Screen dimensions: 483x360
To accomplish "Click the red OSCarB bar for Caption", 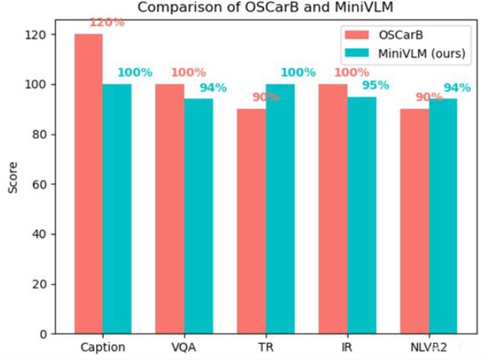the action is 88,184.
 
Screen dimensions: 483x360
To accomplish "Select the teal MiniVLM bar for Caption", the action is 117,208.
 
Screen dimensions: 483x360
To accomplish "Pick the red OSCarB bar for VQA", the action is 169,208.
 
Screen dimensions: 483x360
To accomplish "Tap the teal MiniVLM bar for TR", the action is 280,208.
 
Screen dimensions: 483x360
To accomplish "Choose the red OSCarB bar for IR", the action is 333,208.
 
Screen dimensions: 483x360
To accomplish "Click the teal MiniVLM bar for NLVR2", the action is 443,216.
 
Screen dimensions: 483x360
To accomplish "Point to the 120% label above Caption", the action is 107,22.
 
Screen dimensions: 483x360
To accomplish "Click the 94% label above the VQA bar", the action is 213,88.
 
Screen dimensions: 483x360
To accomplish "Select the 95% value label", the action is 376,85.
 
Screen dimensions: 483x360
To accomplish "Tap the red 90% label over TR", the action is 265,97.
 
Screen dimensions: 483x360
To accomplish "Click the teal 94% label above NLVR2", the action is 457,88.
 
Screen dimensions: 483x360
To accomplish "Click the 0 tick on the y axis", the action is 43,334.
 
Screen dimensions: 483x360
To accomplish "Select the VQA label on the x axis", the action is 184,347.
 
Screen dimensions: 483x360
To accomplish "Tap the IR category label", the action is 346,347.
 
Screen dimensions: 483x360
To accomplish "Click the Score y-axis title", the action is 13,178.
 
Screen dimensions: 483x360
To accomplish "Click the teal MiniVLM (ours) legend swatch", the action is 357,53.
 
